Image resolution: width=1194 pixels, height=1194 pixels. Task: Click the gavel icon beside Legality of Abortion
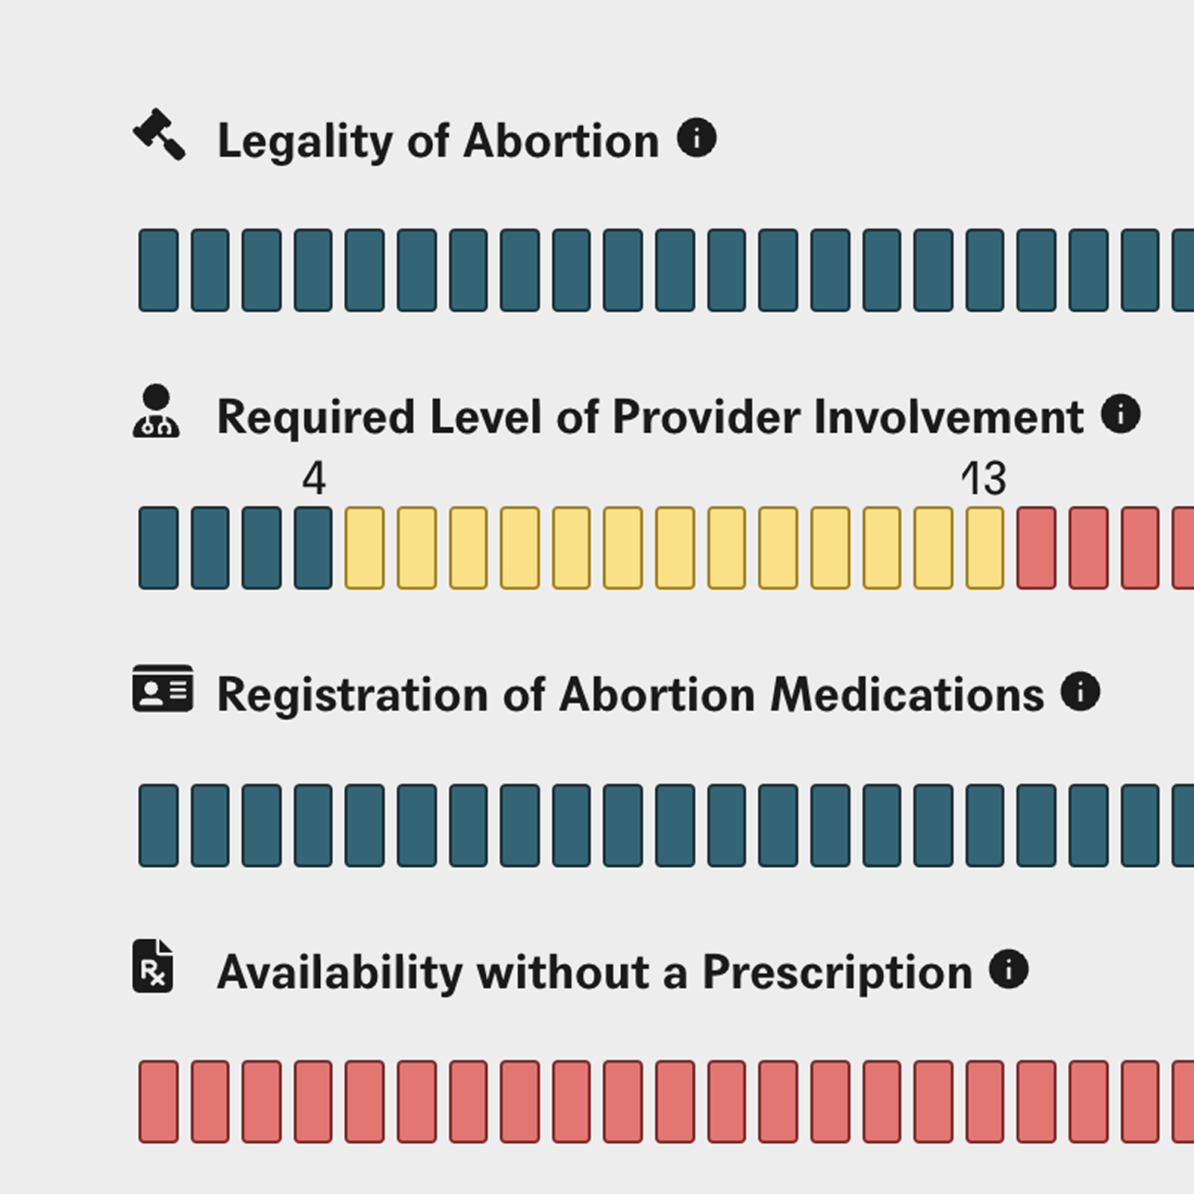[x=159, y=134]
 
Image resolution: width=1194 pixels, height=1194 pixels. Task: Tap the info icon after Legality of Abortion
[x=697, y=137]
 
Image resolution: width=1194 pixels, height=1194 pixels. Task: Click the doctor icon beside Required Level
[x=156, y=411]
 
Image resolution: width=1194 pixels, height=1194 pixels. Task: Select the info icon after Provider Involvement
[x=1121, y=413]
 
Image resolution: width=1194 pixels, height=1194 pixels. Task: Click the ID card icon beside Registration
[x=163, y=688]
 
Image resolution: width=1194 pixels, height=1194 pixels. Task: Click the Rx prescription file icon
[x=153, y=966]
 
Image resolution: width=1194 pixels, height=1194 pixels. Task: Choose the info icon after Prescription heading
[x=1009, y=969]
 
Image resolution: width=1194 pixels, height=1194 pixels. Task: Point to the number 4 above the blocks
[x=314, y=478]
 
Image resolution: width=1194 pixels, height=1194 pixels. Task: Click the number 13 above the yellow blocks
[x=984, y=478]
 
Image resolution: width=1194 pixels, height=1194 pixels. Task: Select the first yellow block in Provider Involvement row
[x=365, y=548]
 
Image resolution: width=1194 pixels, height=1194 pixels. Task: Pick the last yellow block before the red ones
[x=985, y=548]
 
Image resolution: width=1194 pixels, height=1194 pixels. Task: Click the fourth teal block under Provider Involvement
[x=313, y=548]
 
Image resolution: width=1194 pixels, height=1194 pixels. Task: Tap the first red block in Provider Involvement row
[x=1037, y=548]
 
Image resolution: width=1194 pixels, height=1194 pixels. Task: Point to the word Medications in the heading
[x=907, y=695]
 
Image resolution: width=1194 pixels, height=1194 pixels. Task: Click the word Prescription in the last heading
[x=837, y=973]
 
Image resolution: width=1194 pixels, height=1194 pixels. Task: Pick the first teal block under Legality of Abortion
[x=158, y=270]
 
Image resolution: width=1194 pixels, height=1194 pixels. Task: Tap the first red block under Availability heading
[x=158, y=1101]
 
